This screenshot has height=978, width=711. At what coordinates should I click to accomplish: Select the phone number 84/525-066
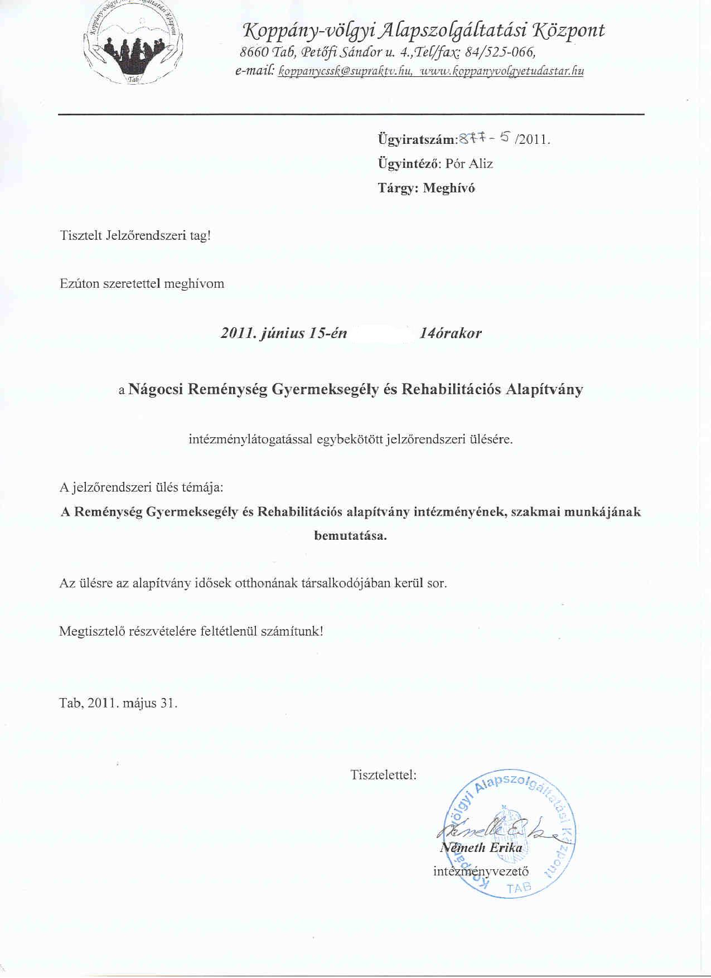click(500, 52)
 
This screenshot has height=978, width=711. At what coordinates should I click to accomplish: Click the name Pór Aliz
click(469, 164)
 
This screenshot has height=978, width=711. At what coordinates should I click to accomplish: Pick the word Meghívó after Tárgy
click(449, 188)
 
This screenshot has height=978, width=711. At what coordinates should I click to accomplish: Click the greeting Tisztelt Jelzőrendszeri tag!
click(136, 235)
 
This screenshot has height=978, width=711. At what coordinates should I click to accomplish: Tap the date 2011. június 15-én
click(284, 333)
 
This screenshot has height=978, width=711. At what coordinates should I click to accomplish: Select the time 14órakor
click(451, 333)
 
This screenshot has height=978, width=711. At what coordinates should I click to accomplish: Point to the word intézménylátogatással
click(251, 439)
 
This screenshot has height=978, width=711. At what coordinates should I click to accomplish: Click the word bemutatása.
click(350, 536)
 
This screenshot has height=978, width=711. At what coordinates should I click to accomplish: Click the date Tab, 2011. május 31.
click(118, 703)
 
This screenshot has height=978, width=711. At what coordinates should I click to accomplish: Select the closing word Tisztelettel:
click(383, 775)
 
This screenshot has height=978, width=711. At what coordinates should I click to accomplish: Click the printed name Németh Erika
click(482, 848)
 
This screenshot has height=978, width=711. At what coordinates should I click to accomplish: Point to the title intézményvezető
click(481, 871)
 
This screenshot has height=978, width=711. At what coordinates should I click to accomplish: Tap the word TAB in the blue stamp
click(519, 888)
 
